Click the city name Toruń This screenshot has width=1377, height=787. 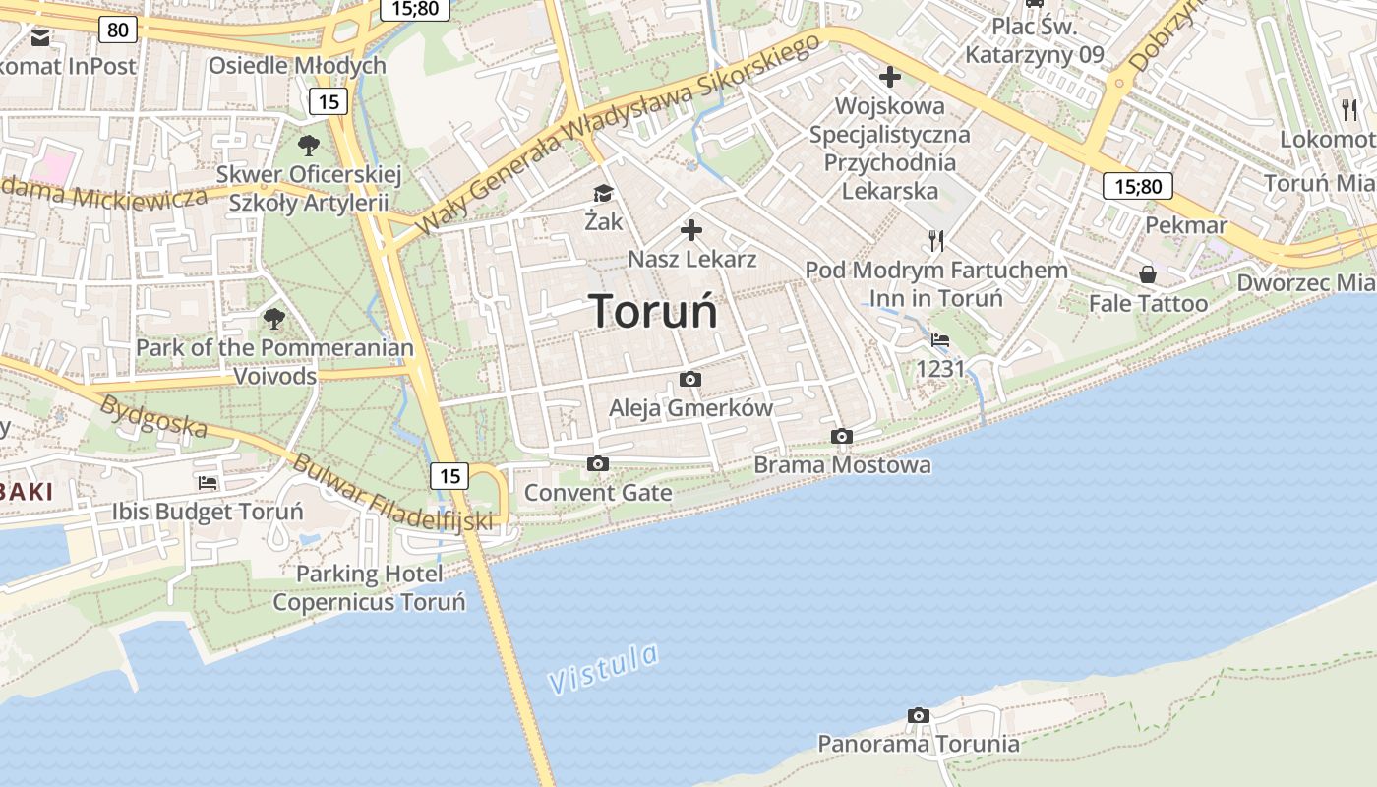tap(654, 311)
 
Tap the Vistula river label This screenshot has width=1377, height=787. tap(602, 669)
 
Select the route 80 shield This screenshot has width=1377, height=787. tap(117, 30)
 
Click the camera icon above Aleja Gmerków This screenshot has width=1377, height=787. tap(690, 379)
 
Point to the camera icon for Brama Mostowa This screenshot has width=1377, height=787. tap(841, 436)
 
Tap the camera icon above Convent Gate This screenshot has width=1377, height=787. tap(597, 463)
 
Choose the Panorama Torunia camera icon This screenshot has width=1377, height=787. tap(918, 715)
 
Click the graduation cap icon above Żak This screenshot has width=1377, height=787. tap(603, 194)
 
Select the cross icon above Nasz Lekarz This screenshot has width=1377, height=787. tap(691, 231)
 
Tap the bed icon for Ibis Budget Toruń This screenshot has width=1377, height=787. tap(208, 483)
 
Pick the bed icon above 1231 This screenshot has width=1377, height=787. tap(940, 340)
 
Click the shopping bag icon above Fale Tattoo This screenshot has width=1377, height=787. tap(1147, 274)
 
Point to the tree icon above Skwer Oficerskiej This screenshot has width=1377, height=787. tap(309, 146)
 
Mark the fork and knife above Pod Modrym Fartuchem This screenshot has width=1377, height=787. tap(936, 240)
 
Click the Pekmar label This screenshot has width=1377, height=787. tap(1186, 225)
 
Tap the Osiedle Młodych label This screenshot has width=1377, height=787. tap(297, 66)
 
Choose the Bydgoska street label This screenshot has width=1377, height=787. tap(153, 416)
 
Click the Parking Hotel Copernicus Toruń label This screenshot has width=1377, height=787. tap(369, 587)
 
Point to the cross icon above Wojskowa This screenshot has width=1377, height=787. tap(889, 77)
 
